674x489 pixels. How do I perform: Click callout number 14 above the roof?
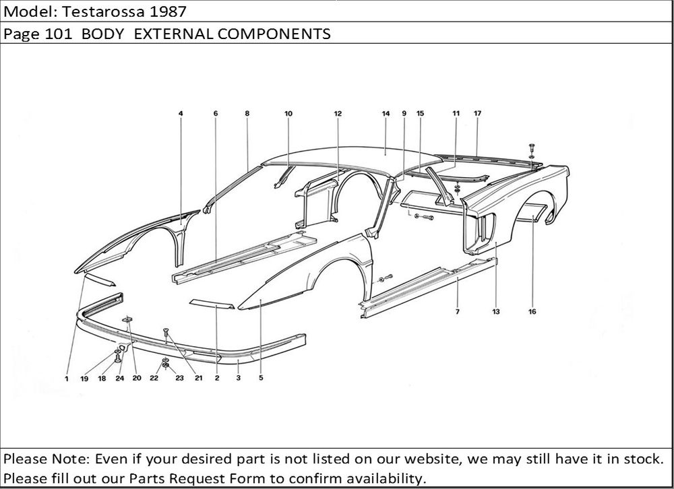pyautogui.click(x=386, y=113)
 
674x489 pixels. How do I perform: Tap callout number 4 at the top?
pyautogui.click(x=181, y=113)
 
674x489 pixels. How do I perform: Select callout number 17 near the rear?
pyautogui.click(x=478, y=113)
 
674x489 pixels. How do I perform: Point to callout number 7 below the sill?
pyautogui.click(x=458, y=312)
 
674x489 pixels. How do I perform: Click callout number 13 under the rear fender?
pyautogui.click(x=496, y=312)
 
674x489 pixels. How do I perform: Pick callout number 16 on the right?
pyautogui.click(x=532, y=312)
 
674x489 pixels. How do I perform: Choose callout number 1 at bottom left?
pyautogui.click(x=67, y=379)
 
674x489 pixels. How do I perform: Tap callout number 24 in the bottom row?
pyautogui.click(x=119, y=378)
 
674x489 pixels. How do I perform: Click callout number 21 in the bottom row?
pyautogui.click(x=198, y=378)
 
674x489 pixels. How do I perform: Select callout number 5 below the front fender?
pyautogui.click(x=261, y=378)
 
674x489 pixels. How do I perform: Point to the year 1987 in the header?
pyautogui.click(x=168, y=11)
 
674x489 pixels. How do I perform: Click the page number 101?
pyautogui.click(x=58, y=34)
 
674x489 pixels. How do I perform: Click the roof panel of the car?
pyautogui.click(x=353, y=158)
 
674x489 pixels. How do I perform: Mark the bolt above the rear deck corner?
pyautogui.click(x=532, y=148)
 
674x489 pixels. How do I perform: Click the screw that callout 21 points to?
pyautogui.click(x=166, y=332)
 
